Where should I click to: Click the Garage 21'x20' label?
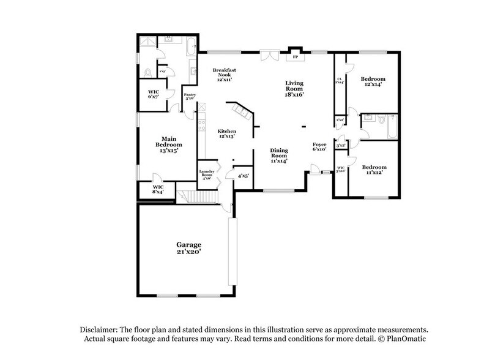190,248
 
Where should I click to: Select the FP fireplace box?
296,57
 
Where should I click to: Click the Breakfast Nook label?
225,75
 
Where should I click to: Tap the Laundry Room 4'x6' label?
207,175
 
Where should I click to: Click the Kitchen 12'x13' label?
228,134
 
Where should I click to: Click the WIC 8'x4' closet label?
158,190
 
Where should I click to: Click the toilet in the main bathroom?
146,73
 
